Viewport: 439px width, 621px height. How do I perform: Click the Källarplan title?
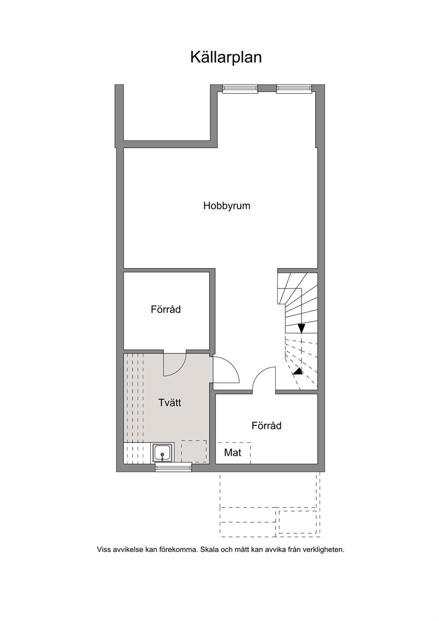226,58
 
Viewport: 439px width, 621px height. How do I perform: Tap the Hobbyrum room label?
227,206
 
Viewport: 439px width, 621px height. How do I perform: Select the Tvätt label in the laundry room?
169,402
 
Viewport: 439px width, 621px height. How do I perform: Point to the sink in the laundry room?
162,453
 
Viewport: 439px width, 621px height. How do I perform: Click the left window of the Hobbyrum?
240,88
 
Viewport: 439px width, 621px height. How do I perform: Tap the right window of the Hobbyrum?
294,88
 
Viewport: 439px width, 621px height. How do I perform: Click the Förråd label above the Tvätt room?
166,309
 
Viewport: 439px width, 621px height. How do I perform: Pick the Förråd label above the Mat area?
266,425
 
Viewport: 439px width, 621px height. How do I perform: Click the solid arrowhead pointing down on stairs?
301,328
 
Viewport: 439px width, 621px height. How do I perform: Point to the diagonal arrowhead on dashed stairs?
298,372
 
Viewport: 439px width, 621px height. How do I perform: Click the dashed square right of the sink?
194,451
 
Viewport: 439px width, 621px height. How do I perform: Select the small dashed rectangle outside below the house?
298,522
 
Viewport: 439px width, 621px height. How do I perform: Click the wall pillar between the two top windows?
267,88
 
